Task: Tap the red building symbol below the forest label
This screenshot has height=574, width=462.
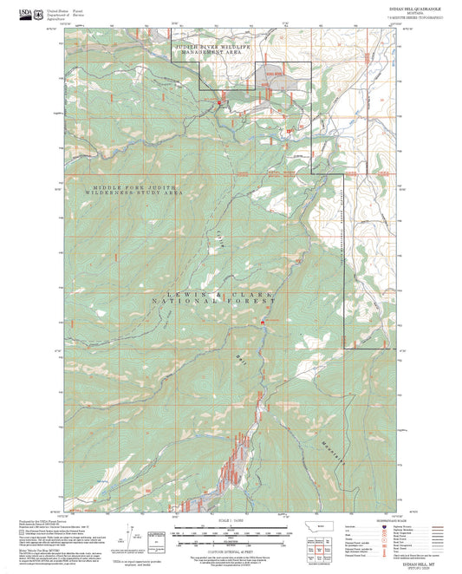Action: click(264, 323)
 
